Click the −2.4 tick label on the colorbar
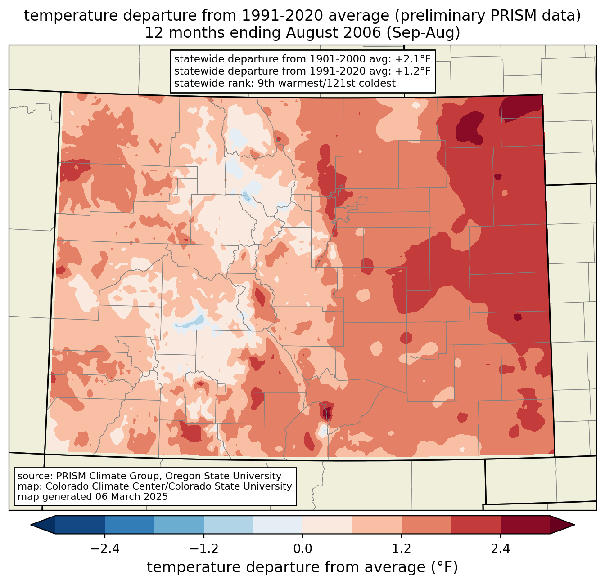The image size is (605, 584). tap(105, 549)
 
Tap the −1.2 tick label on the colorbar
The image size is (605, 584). tap(203, 549)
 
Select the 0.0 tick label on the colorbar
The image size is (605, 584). tap(302, 549)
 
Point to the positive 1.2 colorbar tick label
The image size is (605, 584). tap(402, 549)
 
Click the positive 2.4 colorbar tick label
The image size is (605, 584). tap(500, 549)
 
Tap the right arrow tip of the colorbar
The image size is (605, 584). tap(573, 525)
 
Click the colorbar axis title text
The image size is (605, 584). tap(302, 568)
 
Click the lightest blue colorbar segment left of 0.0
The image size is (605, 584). tap(278, 525)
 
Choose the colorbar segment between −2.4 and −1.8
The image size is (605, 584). tap(130, 525)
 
